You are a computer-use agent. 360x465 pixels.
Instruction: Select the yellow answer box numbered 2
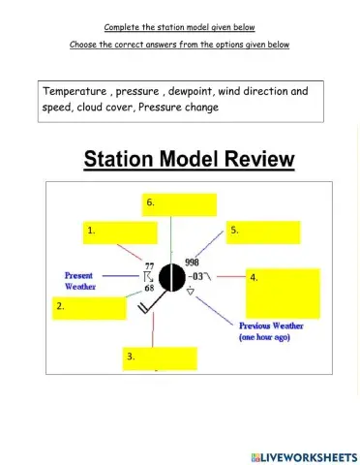(90, 308)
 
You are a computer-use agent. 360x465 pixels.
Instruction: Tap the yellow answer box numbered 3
(161, 358)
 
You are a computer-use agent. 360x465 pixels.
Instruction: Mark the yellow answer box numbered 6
(180, 204)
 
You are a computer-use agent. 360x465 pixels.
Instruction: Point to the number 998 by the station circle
(192, 263)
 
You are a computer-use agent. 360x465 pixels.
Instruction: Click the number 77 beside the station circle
(149, 265)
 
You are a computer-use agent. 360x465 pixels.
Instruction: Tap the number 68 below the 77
(149, 289)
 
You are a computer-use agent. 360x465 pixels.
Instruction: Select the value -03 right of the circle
(193, 276)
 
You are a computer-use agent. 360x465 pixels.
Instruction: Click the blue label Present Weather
(79, 281)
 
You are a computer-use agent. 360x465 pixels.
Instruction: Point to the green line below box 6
(171, 237)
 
